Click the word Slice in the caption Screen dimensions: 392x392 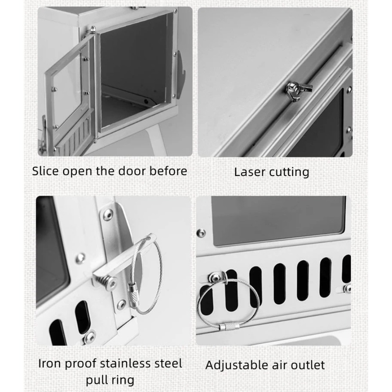[45, 171]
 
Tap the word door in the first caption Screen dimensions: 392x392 [131, 171]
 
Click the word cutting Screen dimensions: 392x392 [289, 172]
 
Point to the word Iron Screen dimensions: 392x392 [49, 363]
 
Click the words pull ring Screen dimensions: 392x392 [110, 380]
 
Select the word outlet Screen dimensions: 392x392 [308, 365]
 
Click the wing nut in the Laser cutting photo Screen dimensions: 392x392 [297, 91]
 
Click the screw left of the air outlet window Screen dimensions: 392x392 [201, 233]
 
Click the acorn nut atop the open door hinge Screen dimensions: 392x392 [93, 29]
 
